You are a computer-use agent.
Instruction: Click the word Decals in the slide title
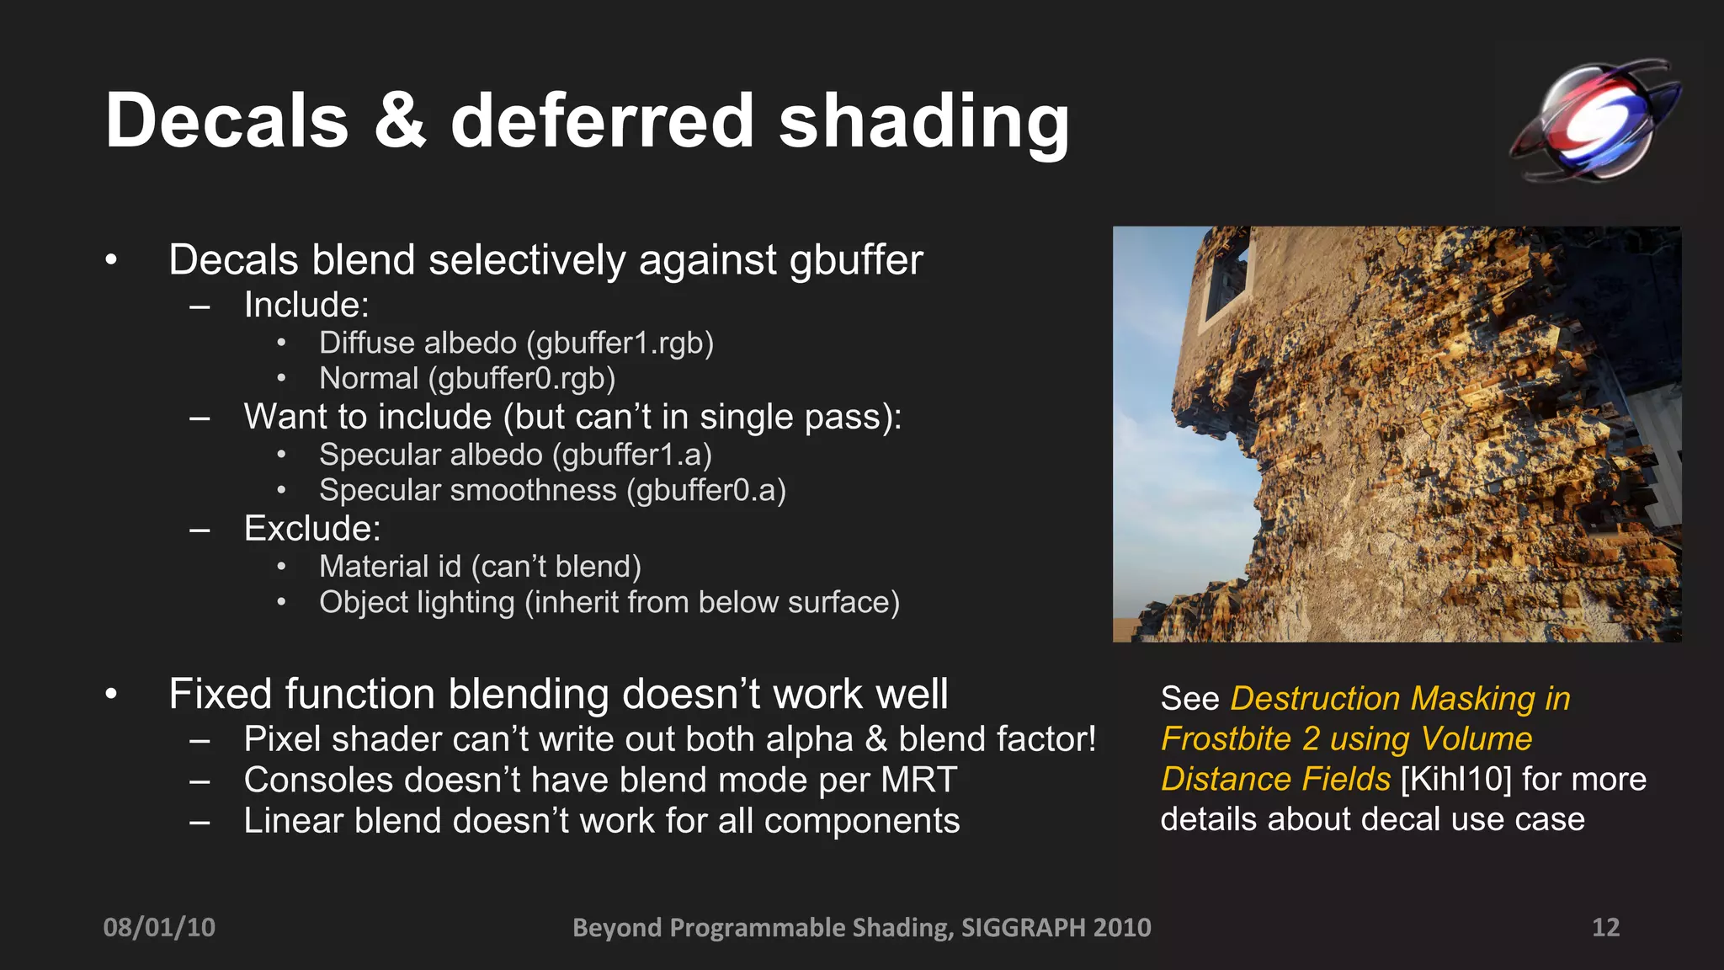pos(226,122)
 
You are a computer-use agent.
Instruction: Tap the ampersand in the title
pos(399,122)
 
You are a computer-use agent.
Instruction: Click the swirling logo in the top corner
pos(1594,120)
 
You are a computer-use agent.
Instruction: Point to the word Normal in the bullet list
pos(369,379)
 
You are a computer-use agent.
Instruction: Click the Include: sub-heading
pos(306,305)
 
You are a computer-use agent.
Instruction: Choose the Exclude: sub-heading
pos(312,529)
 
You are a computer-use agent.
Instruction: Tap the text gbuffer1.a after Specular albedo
pos(632,456)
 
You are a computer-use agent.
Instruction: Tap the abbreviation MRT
pos(918,781)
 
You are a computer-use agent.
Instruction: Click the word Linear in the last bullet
pos(293,821)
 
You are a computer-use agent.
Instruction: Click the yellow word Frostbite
pos(1226,739)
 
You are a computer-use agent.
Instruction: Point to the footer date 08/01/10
pos(159,927)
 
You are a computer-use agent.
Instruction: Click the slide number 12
pos(1605,927)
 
